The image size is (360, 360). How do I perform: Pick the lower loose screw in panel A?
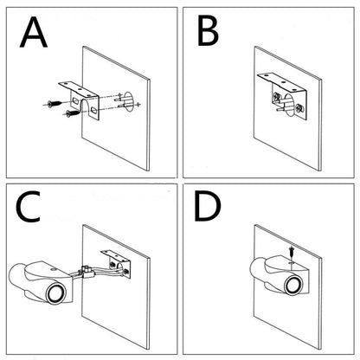54,119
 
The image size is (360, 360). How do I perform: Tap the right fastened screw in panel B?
299,109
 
